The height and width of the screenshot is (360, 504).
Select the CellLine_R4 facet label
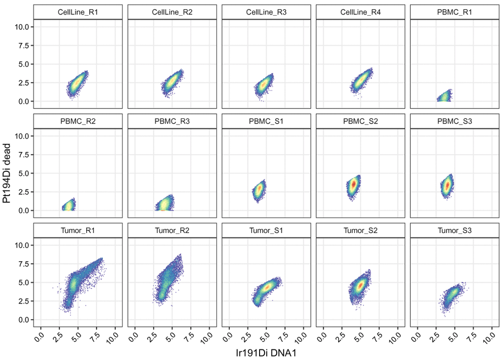pyautogui.click(x=360, y=12)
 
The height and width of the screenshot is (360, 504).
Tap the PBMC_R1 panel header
pyautogui.click(x=455, y=12)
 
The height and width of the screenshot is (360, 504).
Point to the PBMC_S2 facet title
pyautogui.click(x=360, y=122)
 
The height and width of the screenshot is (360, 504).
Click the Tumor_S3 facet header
pyautogui.click(x=455, y=230)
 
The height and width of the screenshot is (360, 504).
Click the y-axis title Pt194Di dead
pyautogui.click(x=7, y=173)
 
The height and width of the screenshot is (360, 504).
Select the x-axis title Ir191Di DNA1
pyautogui.click(x=266, y=352)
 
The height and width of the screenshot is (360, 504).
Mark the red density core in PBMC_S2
pyautogui.click(x=354, y=185)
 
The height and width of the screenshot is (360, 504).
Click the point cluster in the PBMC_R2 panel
pyautogui.click(x=69, y=205)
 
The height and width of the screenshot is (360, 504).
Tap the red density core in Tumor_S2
pyautogui.click(x=360, y=285)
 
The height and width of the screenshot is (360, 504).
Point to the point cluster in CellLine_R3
pyautogui.click(x=263, y=84)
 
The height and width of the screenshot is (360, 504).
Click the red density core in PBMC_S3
pyautogui.click(x=447, y=186)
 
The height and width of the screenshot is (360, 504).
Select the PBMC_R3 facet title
pyautogui.click(x=172, y=122)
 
